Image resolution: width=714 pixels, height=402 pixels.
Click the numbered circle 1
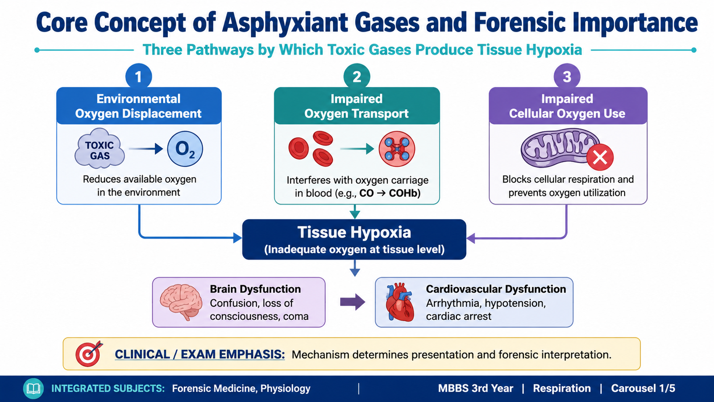pos(138,76)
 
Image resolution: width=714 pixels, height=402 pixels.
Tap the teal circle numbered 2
pos(357,76)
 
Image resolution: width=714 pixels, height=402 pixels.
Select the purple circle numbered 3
pos(567,76)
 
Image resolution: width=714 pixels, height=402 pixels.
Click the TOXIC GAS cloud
pos(100,148)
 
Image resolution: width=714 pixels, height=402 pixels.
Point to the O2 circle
pos(185,149)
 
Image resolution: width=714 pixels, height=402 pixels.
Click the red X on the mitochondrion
pos(600,157)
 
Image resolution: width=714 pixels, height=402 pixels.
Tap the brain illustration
pos(181,302)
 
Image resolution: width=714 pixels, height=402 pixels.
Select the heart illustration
pos(400,302)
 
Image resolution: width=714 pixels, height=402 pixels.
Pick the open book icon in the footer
pos(33,389)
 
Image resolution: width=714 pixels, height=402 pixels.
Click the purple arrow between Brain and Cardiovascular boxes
pos(353,302)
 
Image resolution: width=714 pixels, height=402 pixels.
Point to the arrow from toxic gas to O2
pos(145,149)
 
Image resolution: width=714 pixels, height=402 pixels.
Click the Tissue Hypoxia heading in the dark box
pos(354,232)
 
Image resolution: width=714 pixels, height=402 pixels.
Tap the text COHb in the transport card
pos(404,193)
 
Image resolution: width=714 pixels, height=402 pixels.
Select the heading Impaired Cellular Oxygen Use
pos(567,106)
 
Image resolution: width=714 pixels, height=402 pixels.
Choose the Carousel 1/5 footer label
pos(643,388)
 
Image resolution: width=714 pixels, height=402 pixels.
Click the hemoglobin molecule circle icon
pos(397,149)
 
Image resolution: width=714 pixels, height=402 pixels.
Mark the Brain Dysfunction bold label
pos(255,289)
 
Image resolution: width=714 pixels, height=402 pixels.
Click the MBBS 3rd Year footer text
pos(476,388)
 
